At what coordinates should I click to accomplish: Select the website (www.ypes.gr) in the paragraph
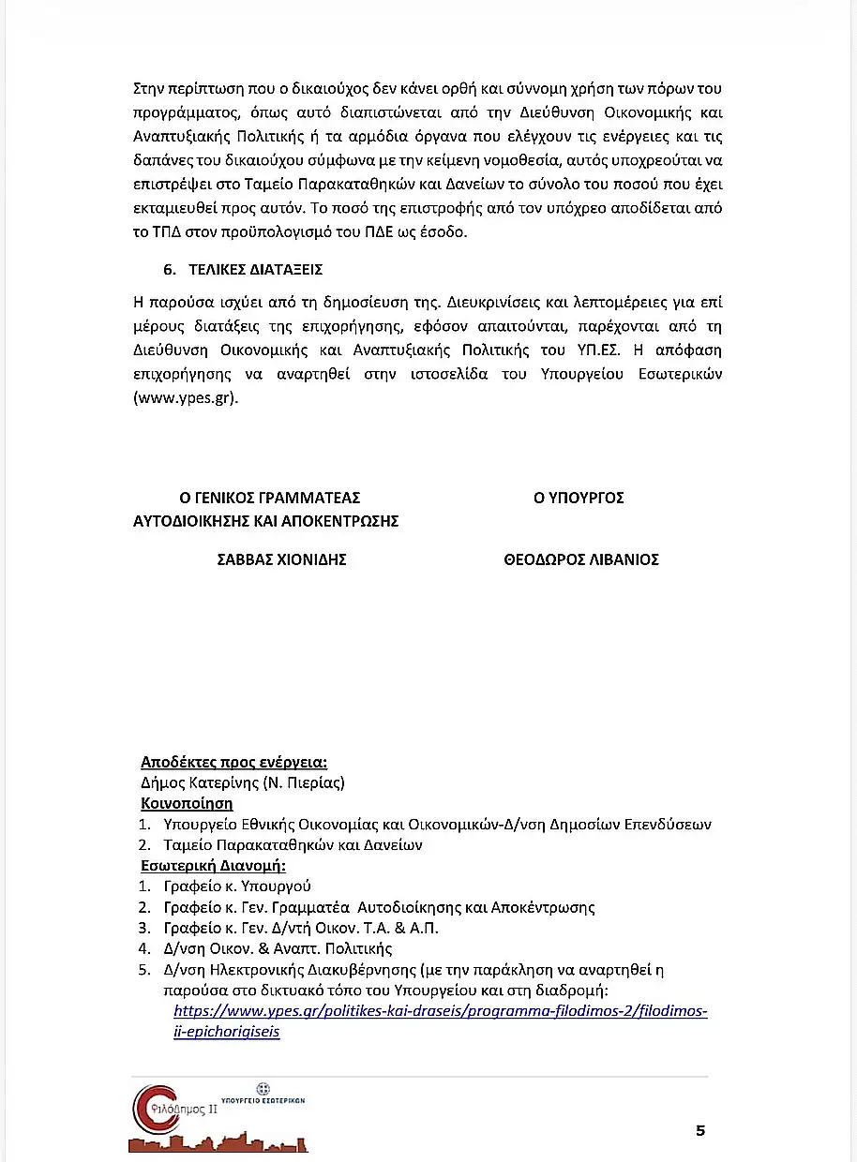coord(187,396)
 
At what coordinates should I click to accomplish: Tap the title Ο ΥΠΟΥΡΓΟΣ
coord(579,498)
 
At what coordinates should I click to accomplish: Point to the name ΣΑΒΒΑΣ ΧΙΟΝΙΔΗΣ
coord(282,559)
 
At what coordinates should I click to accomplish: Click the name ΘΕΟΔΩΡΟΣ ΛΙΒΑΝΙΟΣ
coord(581,559)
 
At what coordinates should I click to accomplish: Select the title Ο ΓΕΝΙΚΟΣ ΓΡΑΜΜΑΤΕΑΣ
coord(270,498)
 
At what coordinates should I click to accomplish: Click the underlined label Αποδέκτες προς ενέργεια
coord(233,762)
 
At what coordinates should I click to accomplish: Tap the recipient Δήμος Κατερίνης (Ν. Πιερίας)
coord(243,782)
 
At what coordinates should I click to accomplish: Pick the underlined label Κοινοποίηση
coord(187,803)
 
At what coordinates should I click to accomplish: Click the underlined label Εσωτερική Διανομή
coord(213,865)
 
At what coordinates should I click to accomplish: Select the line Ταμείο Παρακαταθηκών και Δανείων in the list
coord(293,844)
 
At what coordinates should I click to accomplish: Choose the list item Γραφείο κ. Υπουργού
coord(237,886)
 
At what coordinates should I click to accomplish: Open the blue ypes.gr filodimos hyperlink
coord(441,1011)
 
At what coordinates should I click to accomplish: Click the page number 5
coord(700,1130)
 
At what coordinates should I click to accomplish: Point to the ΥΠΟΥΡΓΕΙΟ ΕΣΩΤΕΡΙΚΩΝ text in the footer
coord(263,1099)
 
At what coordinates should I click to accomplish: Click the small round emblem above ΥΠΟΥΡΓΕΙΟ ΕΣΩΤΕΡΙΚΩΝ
coord(263,1087)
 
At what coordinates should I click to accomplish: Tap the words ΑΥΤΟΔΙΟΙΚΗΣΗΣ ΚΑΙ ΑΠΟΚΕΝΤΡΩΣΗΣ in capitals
coord(266,521)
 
